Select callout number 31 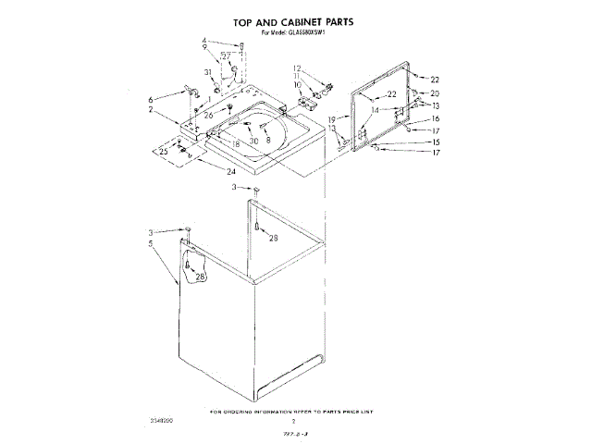coord(208,73)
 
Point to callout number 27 coord(226,56)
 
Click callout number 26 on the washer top coord(209,114)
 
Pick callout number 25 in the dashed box coord(164,150)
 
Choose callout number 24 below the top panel coord(231,171)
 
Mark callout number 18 coord(237,144)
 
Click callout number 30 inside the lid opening coord(253,141)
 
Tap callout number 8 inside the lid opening coord(267,139)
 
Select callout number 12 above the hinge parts coord(297,68)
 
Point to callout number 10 coord(298,85)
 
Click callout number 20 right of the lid coord(435,93)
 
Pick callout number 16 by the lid coord(435,118)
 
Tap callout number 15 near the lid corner coord(435,142)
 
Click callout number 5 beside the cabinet coord(149,244)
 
